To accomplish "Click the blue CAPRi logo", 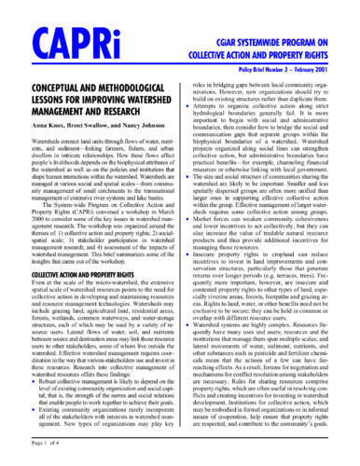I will (x=57, y=43).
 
